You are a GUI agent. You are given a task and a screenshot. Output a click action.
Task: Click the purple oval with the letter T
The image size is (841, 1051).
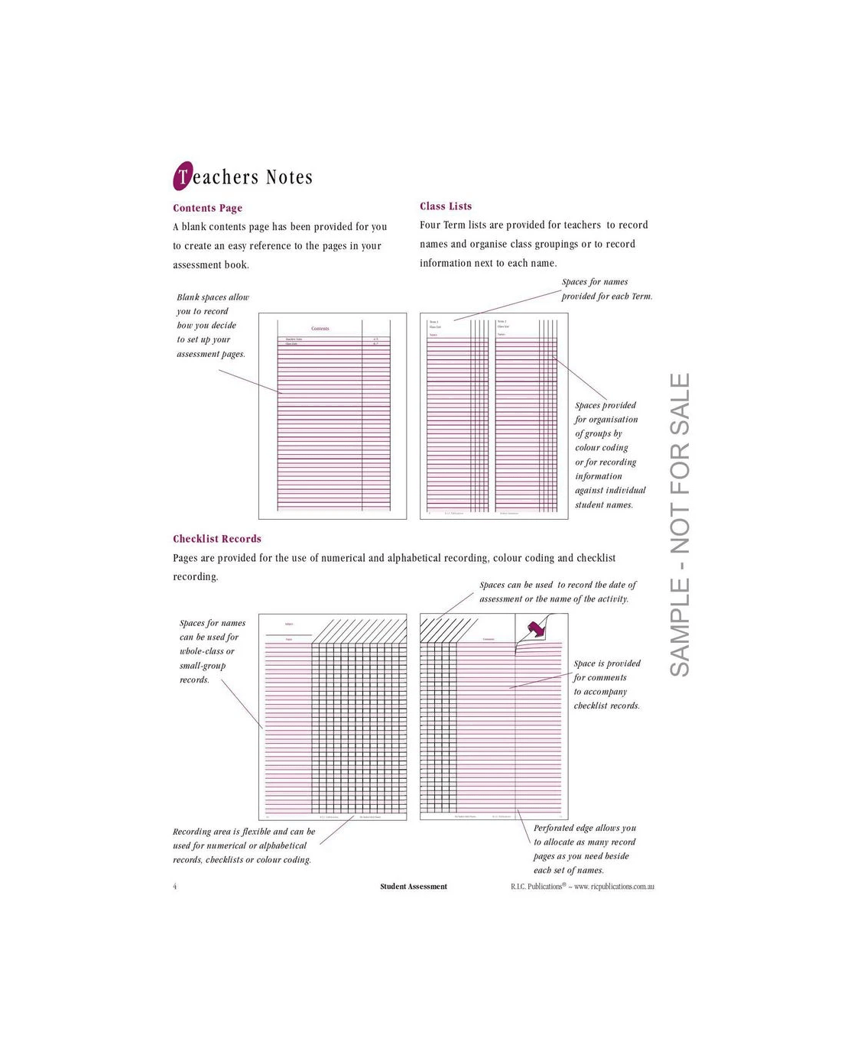coord(182,177)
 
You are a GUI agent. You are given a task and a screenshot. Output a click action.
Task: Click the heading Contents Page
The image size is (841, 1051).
coord(207,208)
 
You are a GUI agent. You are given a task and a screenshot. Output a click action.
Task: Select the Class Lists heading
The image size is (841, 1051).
coord(446,206)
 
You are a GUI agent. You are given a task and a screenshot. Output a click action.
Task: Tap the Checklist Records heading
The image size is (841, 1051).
coord(217,539)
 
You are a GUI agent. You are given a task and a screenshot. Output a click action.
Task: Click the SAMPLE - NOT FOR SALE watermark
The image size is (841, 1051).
coord(680,524)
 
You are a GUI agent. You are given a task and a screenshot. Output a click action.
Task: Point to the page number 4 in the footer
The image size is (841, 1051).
coord(175,887)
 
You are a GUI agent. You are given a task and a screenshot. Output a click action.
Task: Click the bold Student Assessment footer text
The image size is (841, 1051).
coord(414,887)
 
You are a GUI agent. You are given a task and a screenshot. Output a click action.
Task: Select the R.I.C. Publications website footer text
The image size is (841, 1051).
coord(583,887)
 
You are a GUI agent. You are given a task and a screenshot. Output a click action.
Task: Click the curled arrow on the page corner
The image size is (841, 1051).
coord(537,629)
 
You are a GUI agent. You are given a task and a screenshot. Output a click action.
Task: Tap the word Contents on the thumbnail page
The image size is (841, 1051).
coord(320,329)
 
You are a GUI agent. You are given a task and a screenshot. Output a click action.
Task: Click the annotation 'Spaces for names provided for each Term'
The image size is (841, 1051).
coord(606,289)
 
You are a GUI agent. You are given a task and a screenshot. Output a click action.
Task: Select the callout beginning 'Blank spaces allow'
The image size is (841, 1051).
coord(212,326)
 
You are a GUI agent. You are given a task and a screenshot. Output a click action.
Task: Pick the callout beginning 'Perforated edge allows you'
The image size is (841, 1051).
coord(585,848)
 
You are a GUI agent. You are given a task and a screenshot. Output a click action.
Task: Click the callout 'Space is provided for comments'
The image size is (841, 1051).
coord(607,685)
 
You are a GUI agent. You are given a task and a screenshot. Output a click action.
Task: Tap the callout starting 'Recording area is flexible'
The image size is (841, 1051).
coord(243,845)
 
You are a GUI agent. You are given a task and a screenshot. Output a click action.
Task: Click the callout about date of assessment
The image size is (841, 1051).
coord(557,592)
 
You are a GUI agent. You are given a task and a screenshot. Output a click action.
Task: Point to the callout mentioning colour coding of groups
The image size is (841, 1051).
coord(609,455)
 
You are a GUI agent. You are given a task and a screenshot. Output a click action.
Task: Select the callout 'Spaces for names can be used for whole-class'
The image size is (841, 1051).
coord(212,651)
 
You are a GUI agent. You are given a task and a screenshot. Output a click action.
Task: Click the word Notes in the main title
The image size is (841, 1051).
coord(289,177)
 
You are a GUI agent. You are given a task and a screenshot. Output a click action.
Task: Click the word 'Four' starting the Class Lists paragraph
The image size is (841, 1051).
coord(430,225)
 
